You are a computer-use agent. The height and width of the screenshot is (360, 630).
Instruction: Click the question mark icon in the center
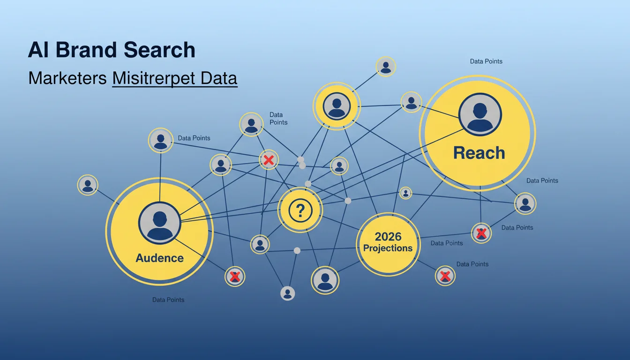pyautogui.click(x=300, y=210)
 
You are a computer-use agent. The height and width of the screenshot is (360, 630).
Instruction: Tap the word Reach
pyautogui.click(x=479, y=153)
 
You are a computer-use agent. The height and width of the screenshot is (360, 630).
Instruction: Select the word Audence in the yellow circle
pyautogui.click(x=159, y=258)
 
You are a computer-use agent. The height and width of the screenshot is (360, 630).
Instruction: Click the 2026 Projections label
pyautogui.click(x=388, y=242)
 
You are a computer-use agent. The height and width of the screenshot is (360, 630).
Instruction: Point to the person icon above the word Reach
pyautogui.click(x=480, y=114)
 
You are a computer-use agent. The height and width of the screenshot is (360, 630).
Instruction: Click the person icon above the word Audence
pyautogui.click(x=159, y=223)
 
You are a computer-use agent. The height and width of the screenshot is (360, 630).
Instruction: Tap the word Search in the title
pyautogui.click(x=159, y=50)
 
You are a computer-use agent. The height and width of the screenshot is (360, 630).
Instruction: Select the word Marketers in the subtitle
pyautogui.click(x=67, y=78)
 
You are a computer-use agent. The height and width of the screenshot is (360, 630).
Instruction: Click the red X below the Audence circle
pyautogui.click(x=235, y=277)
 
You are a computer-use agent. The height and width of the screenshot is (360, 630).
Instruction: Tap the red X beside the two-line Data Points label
pyautogui.click(x=269, y=160)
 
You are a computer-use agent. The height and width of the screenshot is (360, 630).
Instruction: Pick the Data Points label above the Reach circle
pyautogui.click(x=486, y=61)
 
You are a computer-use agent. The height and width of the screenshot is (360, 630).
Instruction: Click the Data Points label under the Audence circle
pyautogui.click(x=168, y=300)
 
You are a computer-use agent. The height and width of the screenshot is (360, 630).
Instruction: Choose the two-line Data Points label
pyautogui.click(x=278, y=119)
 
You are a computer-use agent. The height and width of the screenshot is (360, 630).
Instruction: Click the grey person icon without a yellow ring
pyautogui.click(x=287, y=293)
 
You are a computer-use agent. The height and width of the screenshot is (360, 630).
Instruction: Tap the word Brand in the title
pyautogui.click(x=86, y=50)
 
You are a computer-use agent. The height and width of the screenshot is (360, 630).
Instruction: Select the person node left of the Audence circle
pyautogui.click(x=88, y=185)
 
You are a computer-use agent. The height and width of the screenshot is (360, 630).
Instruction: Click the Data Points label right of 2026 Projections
pyautogui.click(x=447, y=243)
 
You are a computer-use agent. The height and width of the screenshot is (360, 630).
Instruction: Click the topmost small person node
pyautogui.click(x=386, y=67)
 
